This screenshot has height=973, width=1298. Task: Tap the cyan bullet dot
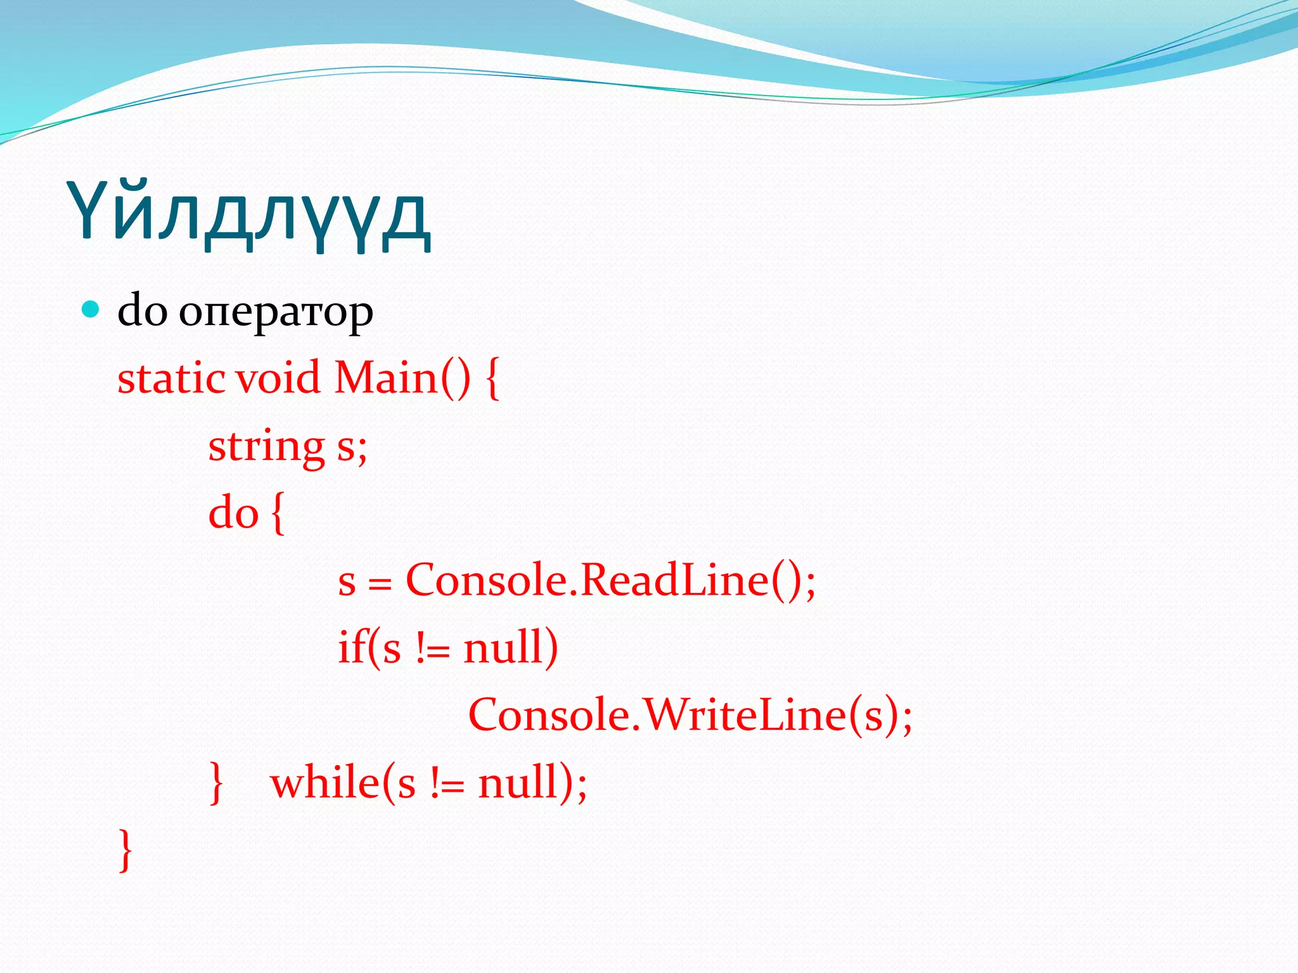(91, 310)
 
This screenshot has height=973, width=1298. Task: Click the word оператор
(276, 312)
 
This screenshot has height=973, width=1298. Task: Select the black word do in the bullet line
(143, 310)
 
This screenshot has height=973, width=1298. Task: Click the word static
(171, 378)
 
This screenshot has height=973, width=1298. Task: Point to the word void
(278, 378)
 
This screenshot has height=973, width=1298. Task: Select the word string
(266, 447)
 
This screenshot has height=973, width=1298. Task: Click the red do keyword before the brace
(233, 512)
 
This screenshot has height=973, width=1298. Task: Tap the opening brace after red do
(278, 514)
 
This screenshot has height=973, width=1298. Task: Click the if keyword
(350, 647)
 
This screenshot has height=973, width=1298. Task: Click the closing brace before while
(216, 784)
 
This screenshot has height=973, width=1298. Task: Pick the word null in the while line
(518, 783)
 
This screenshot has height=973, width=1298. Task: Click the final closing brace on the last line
(125, 850)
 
